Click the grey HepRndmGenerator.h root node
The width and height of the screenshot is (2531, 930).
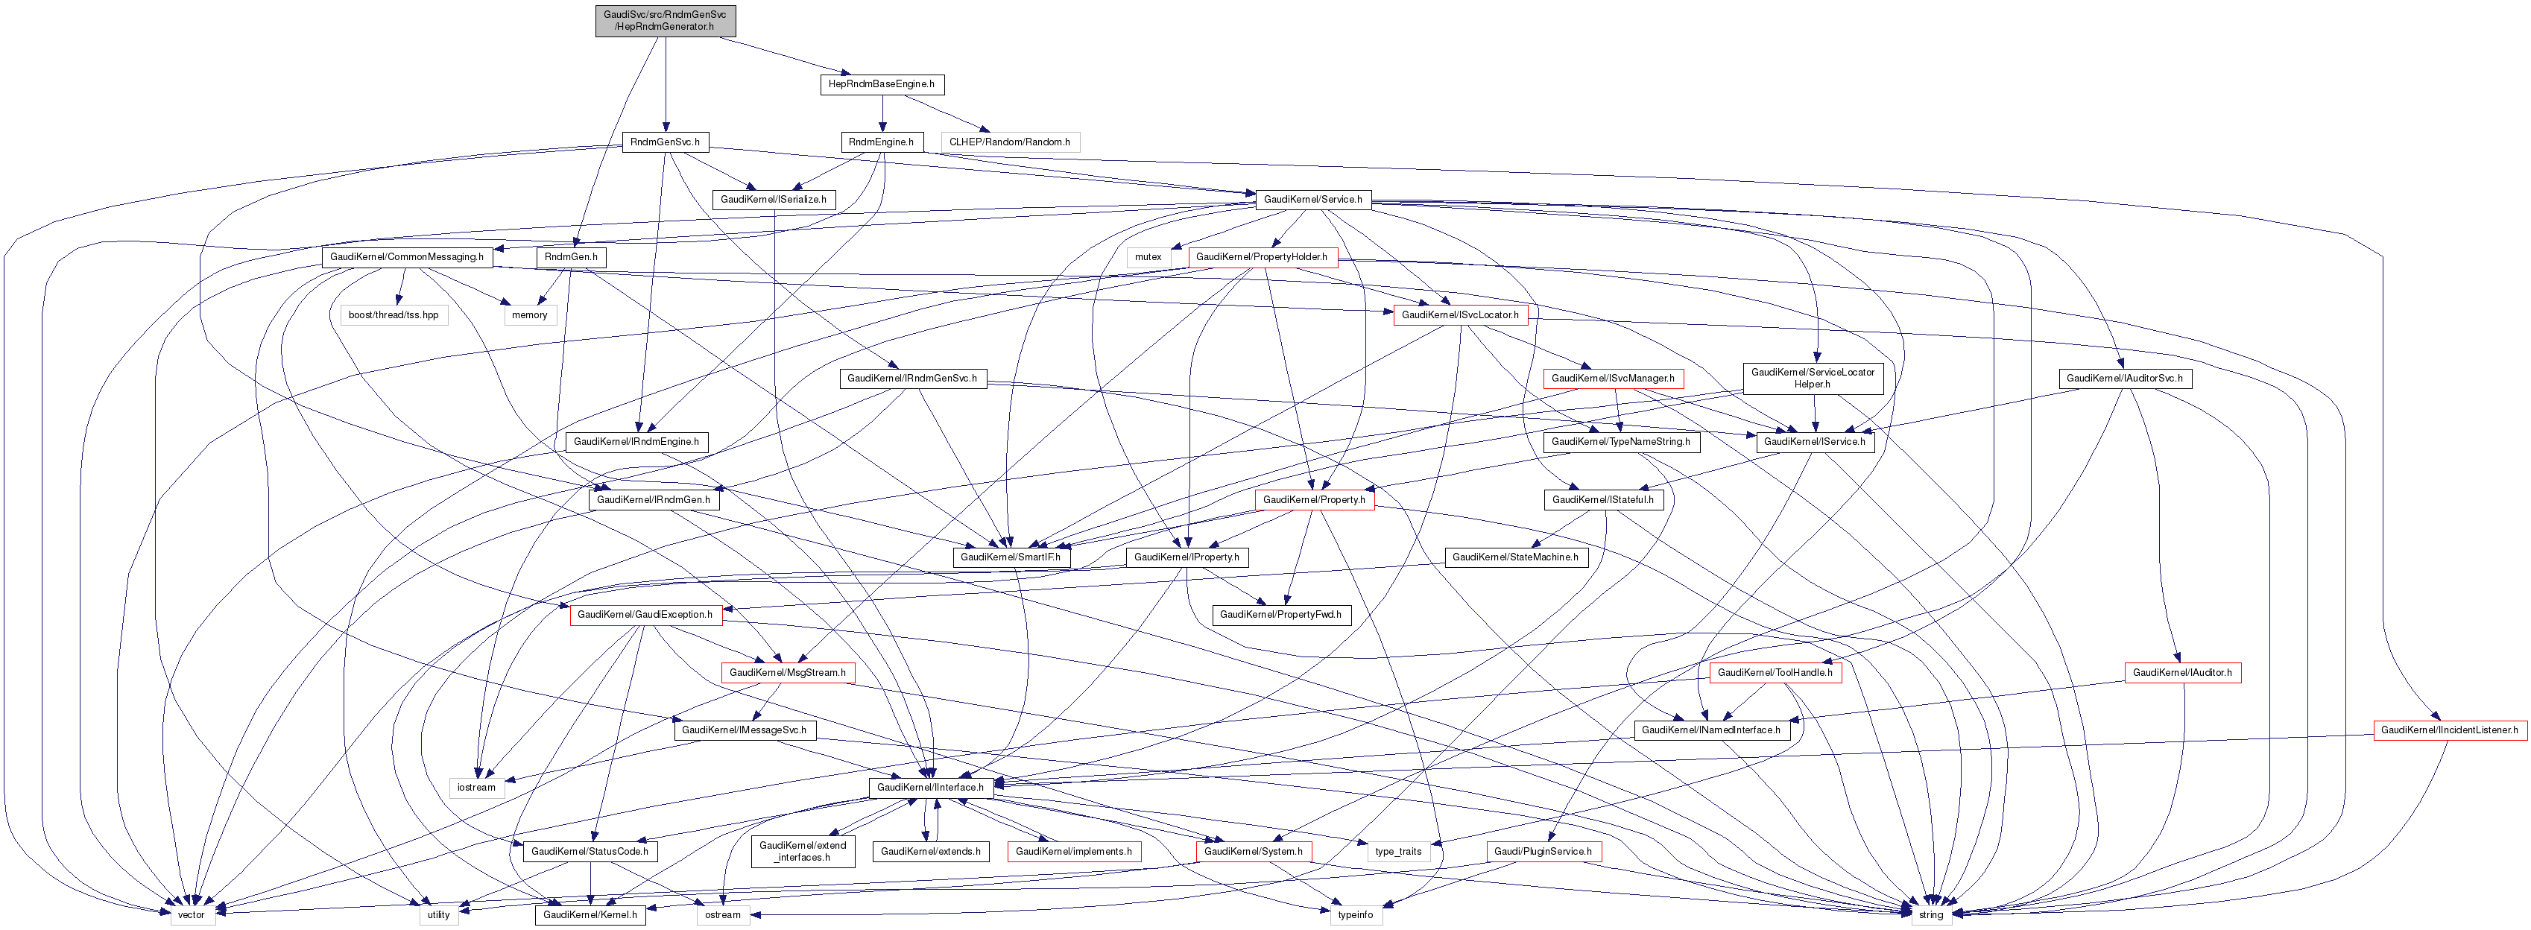point(666,21)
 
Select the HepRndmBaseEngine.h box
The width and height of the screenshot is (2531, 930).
point(882,84)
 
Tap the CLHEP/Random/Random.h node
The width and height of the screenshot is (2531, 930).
point(1009,142)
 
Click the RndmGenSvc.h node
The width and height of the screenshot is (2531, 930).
point(666,142)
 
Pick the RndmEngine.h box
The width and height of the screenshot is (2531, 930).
point(882,142)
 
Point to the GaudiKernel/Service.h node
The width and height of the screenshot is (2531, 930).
point(1312,200)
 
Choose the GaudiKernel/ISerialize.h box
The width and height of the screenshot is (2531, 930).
point(774,200)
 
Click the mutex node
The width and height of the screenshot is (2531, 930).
point(1148,257)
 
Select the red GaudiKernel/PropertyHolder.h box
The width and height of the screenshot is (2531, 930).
point(1262,257)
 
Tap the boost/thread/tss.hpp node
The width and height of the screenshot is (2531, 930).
point(393,315)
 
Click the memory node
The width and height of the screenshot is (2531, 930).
point(530,315)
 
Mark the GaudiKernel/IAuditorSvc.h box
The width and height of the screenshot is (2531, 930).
point(2124,378)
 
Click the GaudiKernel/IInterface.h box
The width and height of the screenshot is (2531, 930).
point(930,788)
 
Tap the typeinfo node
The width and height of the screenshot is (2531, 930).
point(1355,914)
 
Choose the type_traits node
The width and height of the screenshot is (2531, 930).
point(1398,852)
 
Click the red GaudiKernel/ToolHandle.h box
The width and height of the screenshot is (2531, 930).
point(1775,674)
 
